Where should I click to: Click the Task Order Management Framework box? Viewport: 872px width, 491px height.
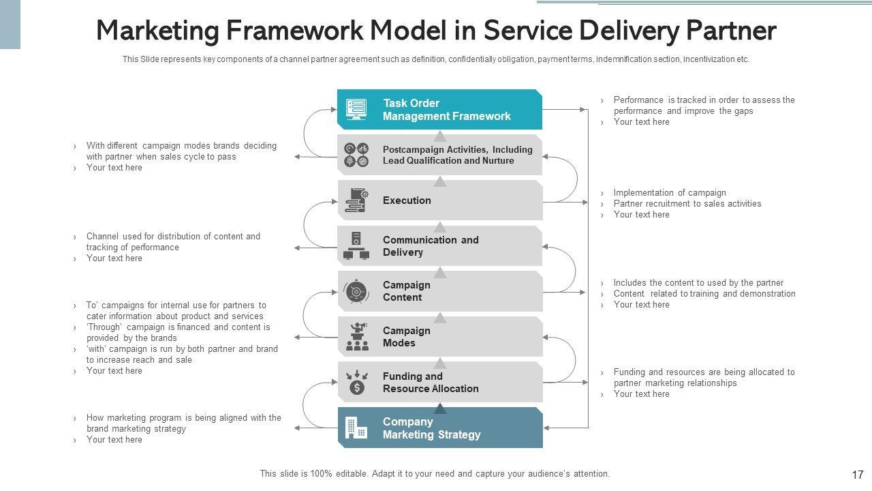(x=440, y=110)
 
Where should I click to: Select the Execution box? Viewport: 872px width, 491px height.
(x=440, y=200)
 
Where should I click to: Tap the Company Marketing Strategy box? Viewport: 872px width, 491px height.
(x=440, y=428)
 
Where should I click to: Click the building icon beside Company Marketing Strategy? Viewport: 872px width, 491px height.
(x=356, y=428)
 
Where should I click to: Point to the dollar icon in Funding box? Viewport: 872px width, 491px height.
(x=356, y=388)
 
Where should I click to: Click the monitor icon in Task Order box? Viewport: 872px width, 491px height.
(x=356, y=109)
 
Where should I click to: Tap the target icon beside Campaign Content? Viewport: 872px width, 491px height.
(x=356, y=291)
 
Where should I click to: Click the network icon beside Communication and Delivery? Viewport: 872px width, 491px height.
(x=356, y=246)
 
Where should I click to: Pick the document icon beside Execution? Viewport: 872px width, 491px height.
(x=356, y=200)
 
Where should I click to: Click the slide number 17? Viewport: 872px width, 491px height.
(x=857, y=475)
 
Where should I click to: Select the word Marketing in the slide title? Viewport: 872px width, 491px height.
(x=155, y=31)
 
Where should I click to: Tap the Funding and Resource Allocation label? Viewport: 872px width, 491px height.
(x=431, y=383)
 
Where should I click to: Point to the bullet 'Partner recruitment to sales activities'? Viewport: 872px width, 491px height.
(x=687, y=204)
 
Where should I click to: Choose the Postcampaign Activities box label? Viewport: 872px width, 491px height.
(x=458, y=155)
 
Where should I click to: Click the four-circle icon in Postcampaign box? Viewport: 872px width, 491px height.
(x=356, y=155)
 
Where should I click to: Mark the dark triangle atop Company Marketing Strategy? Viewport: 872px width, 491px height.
(x=440, y=409)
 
